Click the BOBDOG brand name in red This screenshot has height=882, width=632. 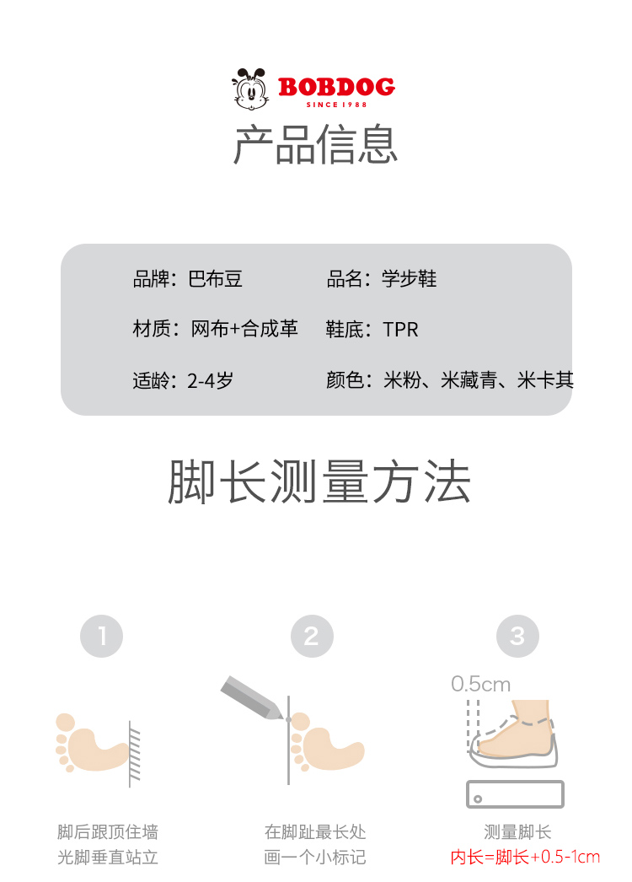click(x=336, y=87)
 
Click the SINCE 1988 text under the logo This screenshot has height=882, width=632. click(x=336, y=105)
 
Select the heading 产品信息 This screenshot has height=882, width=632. click(x=315, y=144)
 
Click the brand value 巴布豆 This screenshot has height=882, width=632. click(x=216, y=279)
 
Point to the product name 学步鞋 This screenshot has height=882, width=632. click(x=410, y=278)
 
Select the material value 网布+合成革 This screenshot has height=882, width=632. click(x=244, y=329)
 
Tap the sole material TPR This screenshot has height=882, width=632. click(x=400, y=330)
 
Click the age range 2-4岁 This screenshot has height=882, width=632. click(x=211, y=381)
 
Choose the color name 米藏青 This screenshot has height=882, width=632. click(x=469, y=380)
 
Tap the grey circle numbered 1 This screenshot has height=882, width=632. click(x=102, y=636)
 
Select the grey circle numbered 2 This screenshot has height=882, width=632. click(x=312, y=636)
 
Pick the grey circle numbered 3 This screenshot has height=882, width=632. click(x=518, y=636)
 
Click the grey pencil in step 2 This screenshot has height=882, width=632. click(x=252, y=697)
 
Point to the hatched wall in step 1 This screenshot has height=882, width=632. click(x=134, y=755)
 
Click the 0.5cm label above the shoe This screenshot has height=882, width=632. click(x=481, y=684)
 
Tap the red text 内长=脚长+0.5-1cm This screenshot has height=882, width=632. click(x=525, y=858)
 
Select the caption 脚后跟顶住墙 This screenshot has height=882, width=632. click(x=108, y=832)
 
